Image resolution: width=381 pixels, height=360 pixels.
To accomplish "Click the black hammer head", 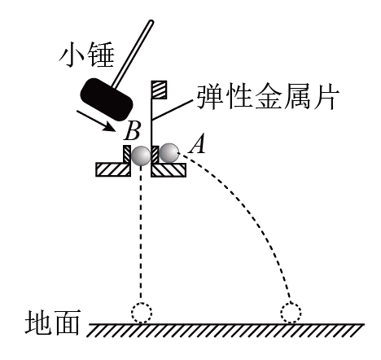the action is click(107, 99).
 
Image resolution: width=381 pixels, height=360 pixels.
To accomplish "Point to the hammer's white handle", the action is click(133, 54).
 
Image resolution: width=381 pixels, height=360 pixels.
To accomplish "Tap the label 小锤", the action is click(86, 55).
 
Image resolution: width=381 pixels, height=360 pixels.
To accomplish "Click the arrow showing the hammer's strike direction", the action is click(96, 121).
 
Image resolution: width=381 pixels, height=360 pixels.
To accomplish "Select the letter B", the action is click(132, 131).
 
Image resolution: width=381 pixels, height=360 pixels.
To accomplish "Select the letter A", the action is click(197, 144).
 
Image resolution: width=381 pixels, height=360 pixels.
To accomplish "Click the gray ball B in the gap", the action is click(141, 156).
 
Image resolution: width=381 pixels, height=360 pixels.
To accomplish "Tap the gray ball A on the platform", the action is click(169, 153).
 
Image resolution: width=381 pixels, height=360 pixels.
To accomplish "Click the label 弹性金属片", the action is click(268, 97).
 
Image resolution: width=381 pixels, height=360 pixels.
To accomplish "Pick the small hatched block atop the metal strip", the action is click(159, 90).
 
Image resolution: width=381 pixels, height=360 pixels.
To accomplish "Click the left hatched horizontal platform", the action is click(113, 169).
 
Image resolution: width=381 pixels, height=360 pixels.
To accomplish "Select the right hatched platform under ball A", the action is click(169, 169).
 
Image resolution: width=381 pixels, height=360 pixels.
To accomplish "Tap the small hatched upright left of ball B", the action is click(127, 154).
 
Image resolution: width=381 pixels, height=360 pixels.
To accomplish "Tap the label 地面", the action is click(53, 322).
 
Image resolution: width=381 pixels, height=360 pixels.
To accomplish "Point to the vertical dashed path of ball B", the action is click(141, 234).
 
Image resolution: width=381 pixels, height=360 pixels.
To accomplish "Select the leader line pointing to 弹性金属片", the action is click(173, 109).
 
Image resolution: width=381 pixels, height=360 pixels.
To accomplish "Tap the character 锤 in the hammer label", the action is click(101, 55).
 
